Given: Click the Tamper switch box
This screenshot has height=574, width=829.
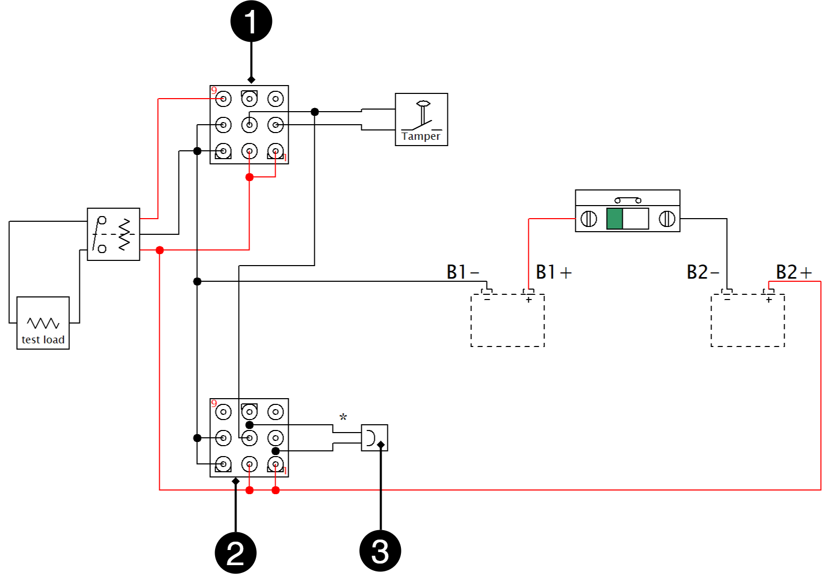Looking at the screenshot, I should [x=421, y=119].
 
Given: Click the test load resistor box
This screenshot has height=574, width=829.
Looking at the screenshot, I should [x=43, y=323].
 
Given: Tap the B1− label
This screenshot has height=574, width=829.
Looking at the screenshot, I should [x=463, y=272].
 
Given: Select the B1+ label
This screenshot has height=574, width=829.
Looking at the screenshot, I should [x=553, y=272].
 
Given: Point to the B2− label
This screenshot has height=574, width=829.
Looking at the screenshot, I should [x=703, y=272].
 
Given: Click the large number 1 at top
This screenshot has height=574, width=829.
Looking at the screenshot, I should [x=251, y=22].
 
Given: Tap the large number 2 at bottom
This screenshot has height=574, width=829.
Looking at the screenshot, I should [x=235, y=553].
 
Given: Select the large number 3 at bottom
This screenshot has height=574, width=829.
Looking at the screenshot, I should [x=380, y=552].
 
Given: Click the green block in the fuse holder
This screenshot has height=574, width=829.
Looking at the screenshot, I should [x=614, y=219].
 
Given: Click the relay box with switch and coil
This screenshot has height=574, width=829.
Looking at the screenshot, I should [x=113, y=234].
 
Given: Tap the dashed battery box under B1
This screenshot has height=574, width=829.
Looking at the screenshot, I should [x=507, y=320].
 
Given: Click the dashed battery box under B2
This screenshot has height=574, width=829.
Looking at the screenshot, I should [x=748, y=320].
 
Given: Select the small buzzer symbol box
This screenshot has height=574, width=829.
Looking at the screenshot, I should [x=374, y=438].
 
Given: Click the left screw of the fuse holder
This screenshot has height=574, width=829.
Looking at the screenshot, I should [x=588, y=219].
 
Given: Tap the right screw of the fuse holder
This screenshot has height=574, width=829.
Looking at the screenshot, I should [x=667, y=219].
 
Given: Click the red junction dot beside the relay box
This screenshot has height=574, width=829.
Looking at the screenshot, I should [x=160, y=250].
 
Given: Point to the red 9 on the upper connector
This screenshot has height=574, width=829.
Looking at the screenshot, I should [x=214, y=91].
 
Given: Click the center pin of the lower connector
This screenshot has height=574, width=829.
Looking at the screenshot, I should [x=250, y=438].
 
